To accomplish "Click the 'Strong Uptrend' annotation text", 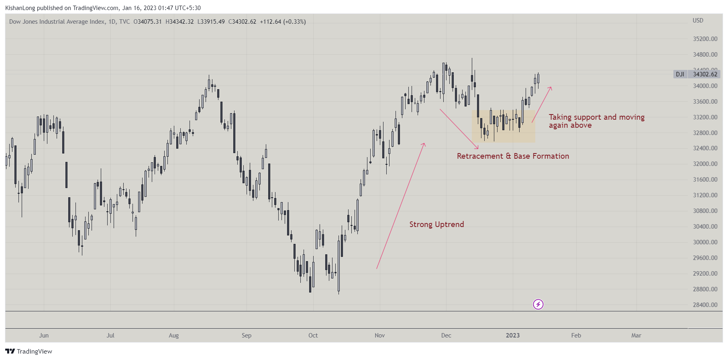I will tap(436, 225).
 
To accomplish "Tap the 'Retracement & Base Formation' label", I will tap(513, 156).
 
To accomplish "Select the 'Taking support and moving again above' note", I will tap(596, 121).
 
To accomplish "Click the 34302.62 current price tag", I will tap(705, 74).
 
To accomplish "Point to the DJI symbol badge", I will tap(680, 74).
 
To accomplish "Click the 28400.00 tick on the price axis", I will tap(705, 305).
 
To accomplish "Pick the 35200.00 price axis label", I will tap(705, 39).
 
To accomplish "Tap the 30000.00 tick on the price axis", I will tap(705, 242).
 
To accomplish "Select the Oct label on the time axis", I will tap(313, 335).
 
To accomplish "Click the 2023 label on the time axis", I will tap(512, 335).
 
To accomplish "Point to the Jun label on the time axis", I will tap(44, 335).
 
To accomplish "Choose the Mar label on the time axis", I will tap(636, 335).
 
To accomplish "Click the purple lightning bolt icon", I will tap(538, 305).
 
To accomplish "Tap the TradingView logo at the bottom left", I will tap(29, 352).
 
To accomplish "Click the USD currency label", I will tap(698, 20).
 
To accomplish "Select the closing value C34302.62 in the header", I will tap(242, 22).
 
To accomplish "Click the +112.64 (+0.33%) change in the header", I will tap(283, 22).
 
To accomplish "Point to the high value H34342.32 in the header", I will tap(179, 22).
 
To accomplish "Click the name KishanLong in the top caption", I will tap(20, 8).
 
